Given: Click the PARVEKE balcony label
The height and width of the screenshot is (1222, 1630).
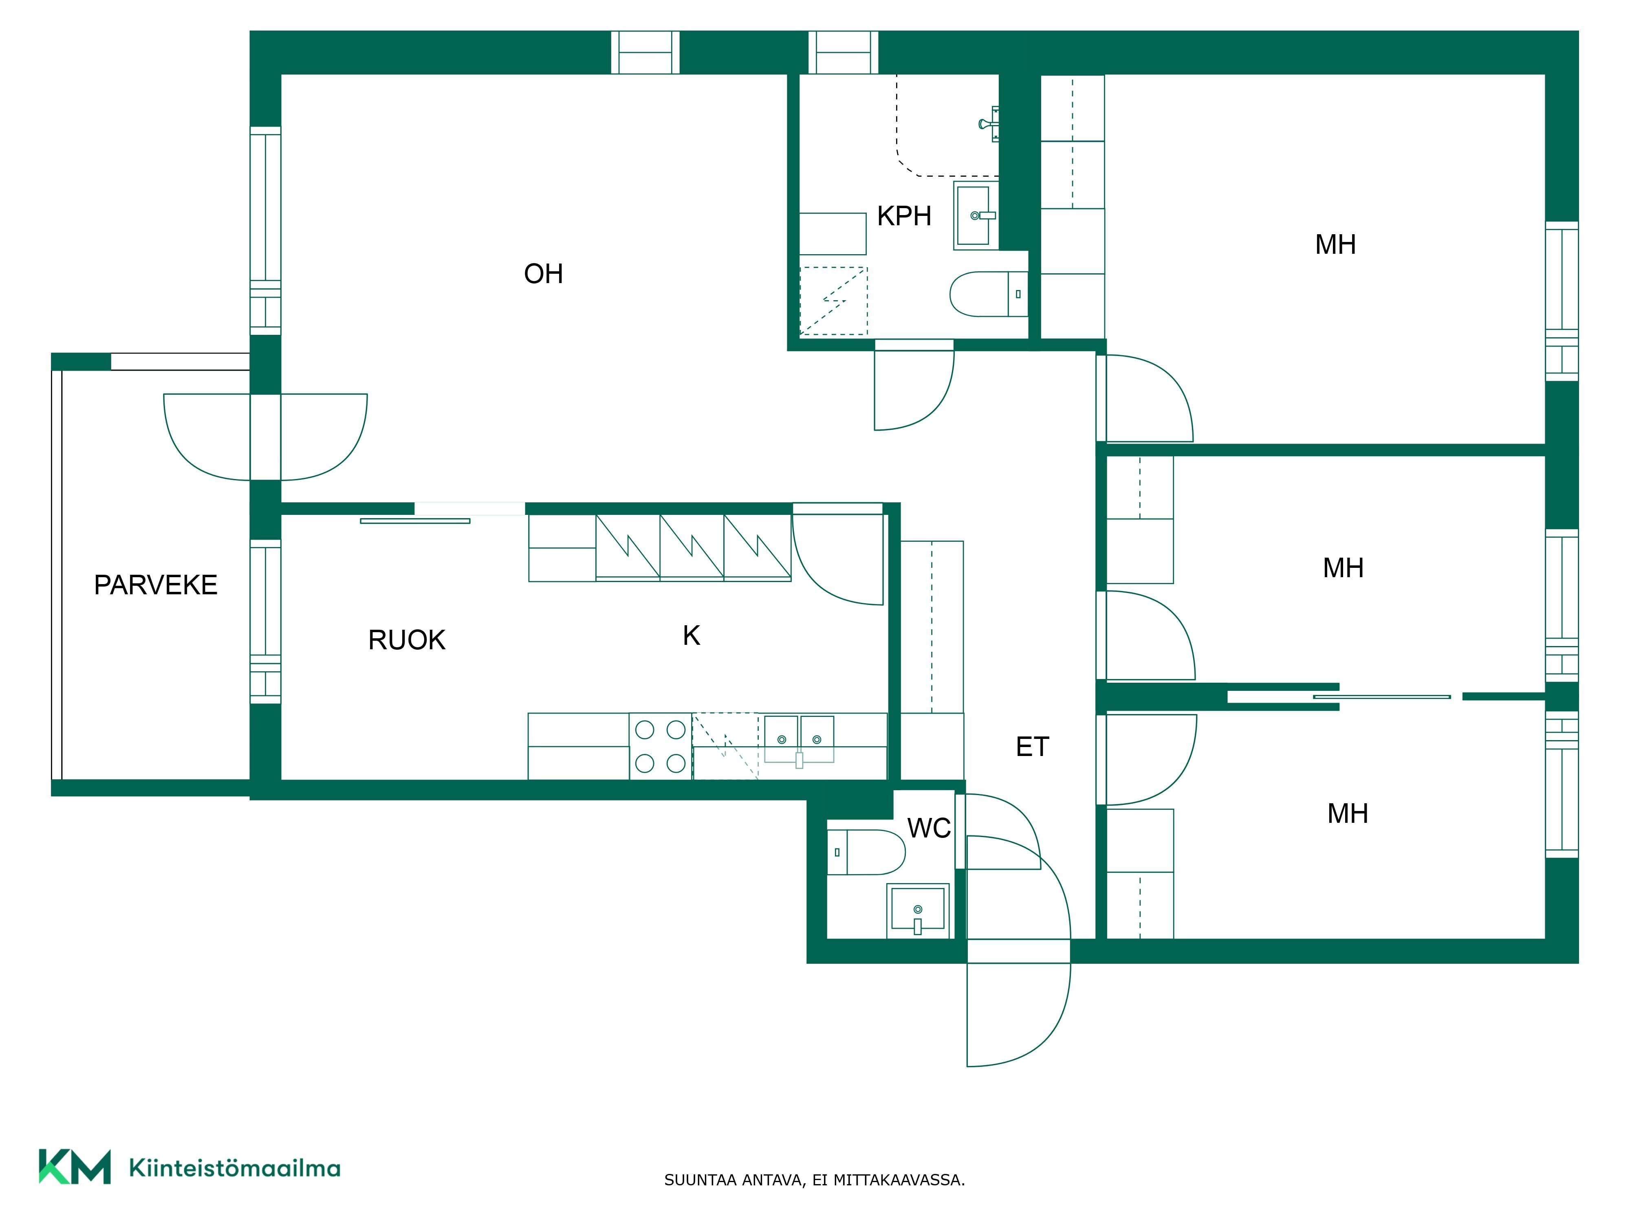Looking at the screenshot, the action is tap(156, 585).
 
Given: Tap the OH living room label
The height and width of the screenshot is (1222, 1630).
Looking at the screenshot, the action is tap(543, 274).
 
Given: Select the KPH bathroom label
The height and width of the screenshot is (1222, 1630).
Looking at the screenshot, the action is tap(904, 216).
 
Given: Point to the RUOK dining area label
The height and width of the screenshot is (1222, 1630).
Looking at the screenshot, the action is tap(407, 640).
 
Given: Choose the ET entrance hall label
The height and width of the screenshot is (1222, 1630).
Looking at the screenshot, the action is tap(1032, 747).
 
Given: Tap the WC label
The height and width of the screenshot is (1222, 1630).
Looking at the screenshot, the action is tap(929, 829).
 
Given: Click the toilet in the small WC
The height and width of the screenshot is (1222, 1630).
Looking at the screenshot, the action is tap(866, 852).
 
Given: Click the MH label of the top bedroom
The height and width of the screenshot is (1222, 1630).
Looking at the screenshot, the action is tap(1335, 244).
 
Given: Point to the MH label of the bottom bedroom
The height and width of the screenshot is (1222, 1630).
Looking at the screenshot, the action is tap(1348, 814).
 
